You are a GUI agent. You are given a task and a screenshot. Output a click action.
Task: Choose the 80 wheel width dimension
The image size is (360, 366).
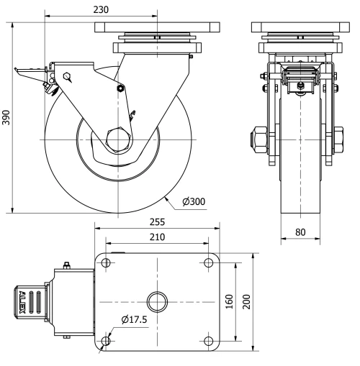pyautogui.click(x=300, y=233)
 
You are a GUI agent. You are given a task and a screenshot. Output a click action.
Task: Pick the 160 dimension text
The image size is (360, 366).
pyautogui.click(x=228, y=301)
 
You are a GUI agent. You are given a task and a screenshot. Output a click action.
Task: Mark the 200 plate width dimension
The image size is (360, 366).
pyautogui.click(x=248, y=301)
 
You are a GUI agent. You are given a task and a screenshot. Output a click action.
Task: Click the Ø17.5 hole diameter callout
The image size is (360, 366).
pyautogui.click(x=135, y=319)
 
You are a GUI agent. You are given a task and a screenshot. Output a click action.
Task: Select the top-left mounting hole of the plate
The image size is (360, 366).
pyautogui.click(x=107, y=262)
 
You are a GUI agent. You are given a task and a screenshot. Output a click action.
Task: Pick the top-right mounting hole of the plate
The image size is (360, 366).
pyautogui.click(x=209, y=262)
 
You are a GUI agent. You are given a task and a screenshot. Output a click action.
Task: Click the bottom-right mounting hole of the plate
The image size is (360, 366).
pyautogui.click(x=209, y=340)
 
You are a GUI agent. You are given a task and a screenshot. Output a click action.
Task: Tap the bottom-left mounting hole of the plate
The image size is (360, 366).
pyautogui.click(x=107, y=340)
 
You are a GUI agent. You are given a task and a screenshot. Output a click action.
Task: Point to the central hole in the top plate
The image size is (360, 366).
pyautogui.click(x=157, y=301)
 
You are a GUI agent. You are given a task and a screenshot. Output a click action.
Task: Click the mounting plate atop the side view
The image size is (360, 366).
pyautogui.click(x=156, y=27)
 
